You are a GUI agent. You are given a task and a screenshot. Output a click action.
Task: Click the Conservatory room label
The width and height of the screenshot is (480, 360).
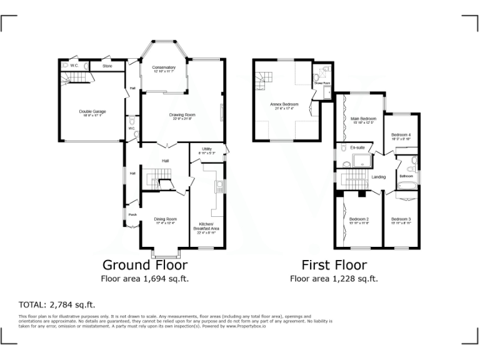[164, 67]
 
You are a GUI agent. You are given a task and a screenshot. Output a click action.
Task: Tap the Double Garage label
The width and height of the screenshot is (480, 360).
[92, 112]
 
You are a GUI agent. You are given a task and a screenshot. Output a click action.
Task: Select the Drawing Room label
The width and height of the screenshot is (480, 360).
[182, 115]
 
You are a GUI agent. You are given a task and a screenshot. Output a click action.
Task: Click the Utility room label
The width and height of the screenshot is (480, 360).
[206, 149]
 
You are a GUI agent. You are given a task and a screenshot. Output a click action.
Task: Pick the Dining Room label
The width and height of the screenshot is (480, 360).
[166, 219]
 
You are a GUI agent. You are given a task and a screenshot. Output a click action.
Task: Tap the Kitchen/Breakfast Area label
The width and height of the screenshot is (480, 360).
[209, 226]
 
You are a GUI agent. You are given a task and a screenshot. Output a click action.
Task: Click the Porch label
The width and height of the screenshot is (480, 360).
[132, 214]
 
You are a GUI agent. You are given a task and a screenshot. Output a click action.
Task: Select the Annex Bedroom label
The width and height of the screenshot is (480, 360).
[284, 104]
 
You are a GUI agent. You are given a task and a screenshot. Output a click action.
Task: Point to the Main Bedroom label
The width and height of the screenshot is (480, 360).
[362, 119]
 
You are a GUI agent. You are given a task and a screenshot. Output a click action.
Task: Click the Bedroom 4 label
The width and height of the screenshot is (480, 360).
[401, 135]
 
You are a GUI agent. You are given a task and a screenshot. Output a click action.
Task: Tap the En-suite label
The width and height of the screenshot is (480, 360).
[357, 147]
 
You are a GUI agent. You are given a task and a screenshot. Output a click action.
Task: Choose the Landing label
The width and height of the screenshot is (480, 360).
[379, 177]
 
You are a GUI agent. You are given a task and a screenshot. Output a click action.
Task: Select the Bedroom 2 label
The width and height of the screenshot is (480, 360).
[359, 219]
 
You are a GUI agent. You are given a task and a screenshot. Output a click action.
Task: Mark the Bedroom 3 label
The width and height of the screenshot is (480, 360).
[401, 219]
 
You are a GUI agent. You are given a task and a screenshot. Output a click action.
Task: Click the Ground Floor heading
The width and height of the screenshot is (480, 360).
[144, 264]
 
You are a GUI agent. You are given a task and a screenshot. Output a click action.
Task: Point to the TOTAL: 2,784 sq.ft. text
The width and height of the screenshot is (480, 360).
[57, 305]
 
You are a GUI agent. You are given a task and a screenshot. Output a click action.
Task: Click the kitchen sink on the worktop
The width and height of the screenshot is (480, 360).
[219, 186]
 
